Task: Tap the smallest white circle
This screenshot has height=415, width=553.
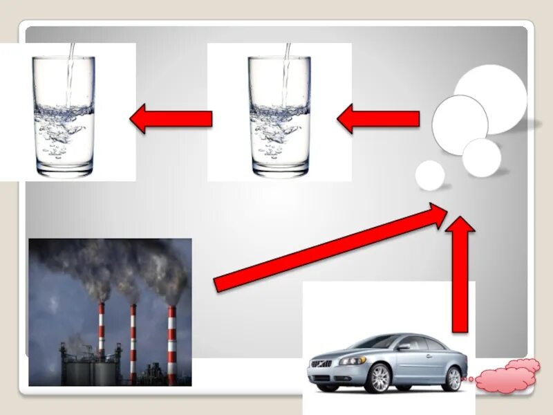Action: [430, 175]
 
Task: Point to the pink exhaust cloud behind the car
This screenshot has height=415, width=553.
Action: [508, 376]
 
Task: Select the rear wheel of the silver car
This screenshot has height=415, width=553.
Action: [453, 378]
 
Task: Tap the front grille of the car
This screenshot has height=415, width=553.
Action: [322, 364]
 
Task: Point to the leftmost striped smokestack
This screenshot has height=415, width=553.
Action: [101, 332]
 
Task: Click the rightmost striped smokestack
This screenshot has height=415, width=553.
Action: [171, 342]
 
